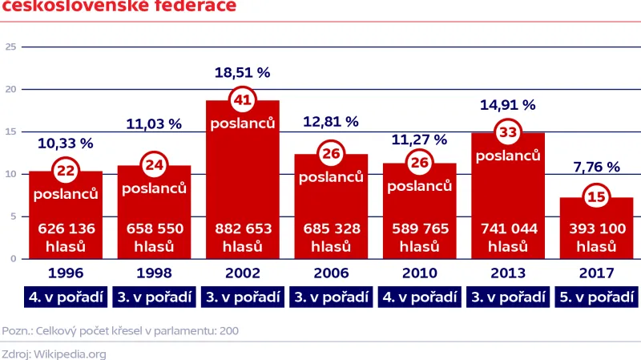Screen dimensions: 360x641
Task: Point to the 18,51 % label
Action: (242, 72)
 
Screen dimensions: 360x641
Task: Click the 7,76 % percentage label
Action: (596, 167)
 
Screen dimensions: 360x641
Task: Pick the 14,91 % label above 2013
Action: (507, 104)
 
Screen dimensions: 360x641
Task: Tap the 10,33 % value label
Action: (66, 144)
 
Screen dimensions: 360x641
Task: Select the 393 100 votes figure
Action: (596, 229)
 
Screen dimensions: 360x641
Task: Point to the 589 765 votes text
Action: (419, 229)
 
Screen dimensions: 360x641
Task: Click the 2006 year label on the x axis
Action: (331, 273)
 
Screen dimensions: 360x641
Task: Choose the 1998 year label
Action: (154, 273)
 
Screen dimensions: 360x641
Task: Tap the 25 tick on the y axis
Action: (11, 47)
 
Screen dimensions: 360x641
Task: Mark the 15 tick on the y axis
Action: (11, 131)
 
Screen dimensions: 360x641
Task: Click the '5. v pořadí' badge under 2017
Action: (596, 297)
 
